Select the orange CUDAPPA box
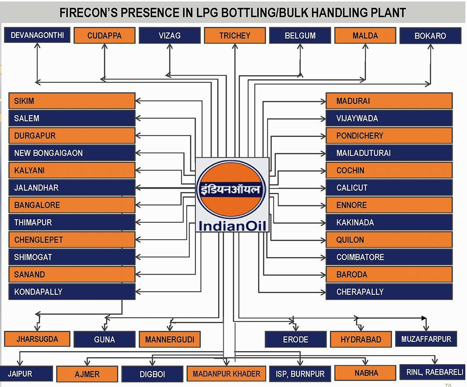[x=104, y=35]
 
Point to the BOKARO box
[x=430, y=36]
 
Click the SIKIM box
[x=72, y=101]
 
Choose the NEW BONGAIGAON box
[x=72, y=153]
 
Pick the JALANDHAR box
[x=72, y=188]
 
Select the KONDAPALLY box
[x=72, y=292]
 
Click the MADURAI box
[x=389, y=101]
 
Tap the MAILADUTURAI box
[x=389, y=153]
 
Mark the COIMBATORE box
[x=389, y=257]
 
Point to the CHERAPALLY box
[x=389, y=292]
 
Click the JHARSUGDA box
[x=37, y=339]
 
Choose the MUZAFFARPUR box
[x=426, y=339]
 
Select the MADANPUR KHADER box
[x=226, y=373]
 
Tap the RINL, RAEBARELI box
[x=432, y=373]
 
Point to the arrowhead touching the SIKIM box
[x=138, y=101]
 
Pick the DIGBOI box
[x=152, y=374]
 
